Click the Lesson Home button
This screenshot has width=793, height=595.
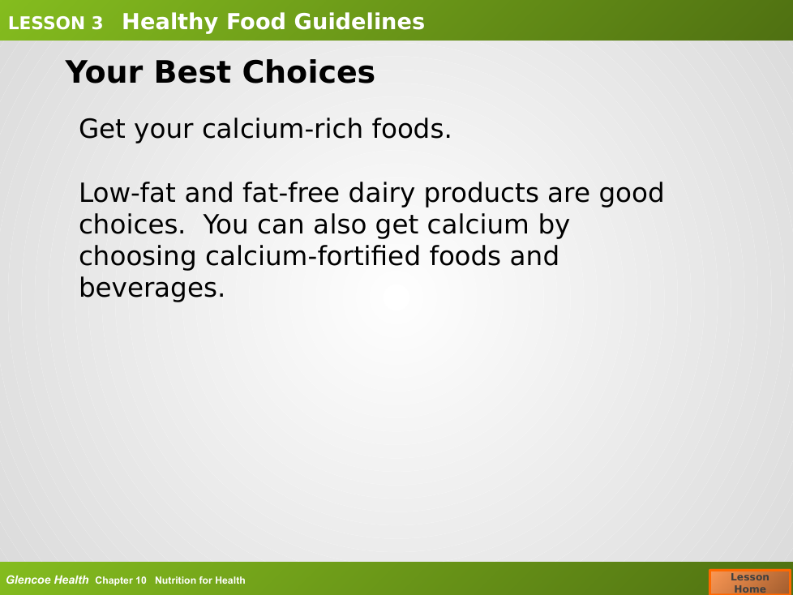(750, 582)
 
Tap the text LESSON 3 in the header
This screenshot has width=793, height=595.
(56, 24)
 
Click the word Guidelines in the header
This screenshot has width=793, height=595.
(359, 22)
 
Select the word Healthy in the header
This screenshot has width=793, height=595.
(170, 23)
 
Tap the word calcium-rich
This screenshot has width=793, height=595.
(283, 128)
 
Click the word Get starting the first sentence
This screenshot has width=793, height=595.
(102, 128)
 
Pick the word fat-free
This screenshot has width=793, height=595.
(291, 193)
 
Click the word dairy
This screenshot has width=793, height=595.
(381, 194)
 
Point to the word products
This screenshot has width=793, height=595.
(482, 194)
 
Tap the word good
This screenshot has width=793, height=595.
(632, 194)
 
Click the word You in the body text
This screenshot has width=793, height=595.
(225, 225)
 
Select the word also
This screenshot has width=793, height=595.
(340, 225)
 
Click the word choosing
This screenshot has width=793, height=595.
(138, 257)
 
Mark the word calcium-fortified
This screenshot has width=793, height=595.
(313, 256)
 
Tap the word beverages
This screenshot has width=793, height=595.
(152, 289)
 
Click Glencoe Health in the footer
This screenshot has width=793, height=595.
(48, 580)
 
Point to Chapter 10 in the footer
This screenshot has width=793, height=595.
(121, 580)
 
